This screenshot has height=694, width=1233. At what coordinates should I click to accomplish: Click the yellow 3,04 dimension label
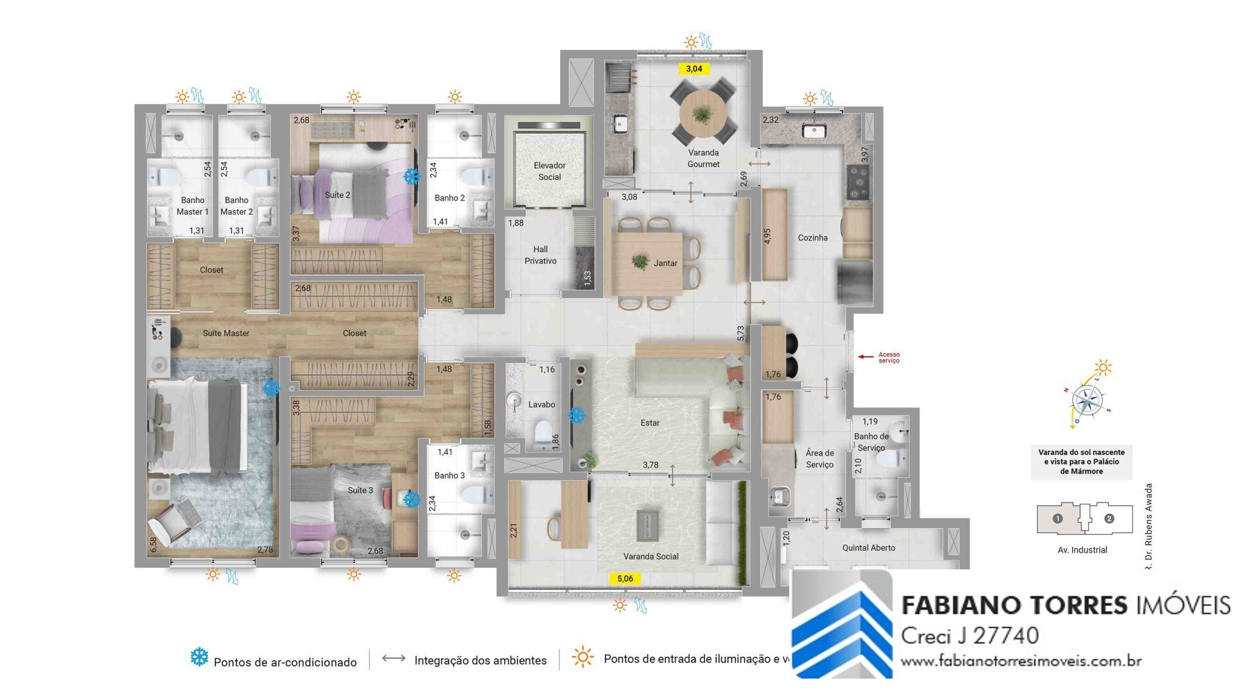pyautogui.click(x=694, y=69)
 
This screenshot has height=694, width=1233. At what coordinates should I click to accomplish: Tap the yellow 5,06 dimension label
pyautogui.click(x=625, y=578)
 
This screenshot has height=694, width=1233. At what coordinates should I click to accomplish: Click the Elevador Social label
pyautogui.click(x=549, y=171)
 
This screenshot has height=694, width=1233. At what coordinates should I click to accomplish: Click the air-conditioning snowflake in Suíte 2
pyautogui.click(x=411, y=175)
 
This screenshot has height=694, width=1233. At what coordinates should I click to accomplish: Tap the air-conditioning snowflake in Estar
pyautogui.click(x=577, y=416)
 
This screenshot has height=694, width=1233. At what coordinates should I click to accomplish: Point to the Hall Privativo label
pyautogui.click(x=540, y=255)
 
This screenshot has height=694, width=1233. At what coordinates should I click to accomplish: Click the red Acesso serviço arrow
pyautogui.click(x=866, y=356)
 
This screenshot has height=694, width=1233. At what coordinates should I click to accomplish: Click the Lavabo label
pyautogui.click(x=541, y=404)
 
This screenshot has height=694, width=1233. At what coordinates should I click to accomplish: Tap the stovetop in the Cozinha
pyautogui.click(x=858, y=182)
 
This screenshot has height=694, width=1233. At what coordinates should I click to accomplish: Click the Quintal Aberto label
pyautogui.click(x=868, y=547)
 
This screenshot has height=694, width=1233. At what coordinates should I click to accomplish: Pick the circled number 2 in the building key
pyautogui.click(x=1109, y=519)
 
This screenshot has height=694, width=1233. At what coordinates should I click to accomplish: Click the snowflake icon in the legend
pyautogui.click(x=199, y=657)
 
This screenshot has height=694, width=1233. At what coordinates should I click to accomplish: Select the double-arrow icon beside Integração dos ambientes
pyautogui.click(x=394, y=658)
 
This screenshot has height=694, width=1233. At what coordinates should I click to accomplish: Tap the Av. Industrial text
pyautogui.click(x=1082, y=550)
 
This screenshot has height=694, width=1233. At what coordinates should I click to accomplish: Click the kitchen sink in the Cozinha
pyautogui.click(x=814, y=131)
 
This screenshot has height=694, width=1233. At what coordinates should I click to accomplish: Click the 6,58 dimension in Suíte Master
pyautogui.click(x=153, y=545)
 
